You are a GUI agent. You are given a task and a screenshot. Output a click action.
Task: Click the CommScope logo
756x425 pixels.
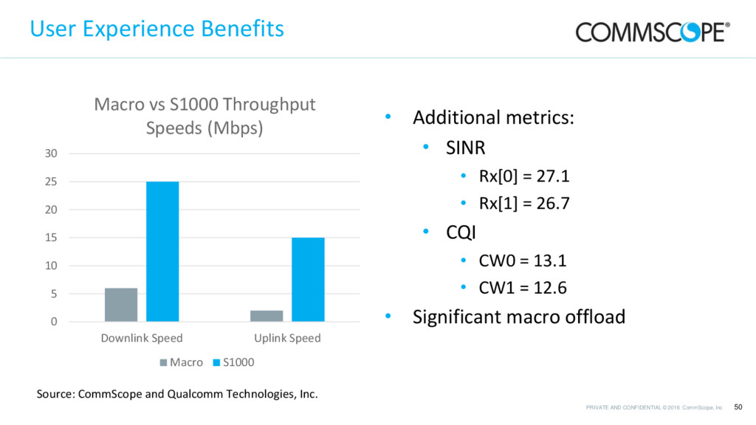tap(653, 32)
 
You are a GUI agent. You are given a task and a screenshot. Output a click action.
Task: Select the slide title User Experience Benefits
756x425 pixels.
tap(157, 29)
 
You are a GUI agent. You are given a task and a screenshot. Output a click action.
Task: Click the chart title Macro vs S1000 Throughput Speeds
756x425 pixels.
tap(205, 116)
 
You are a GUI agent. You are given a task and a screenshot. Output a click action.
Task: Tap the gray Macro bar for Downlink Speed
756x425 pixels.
tap(121, 305)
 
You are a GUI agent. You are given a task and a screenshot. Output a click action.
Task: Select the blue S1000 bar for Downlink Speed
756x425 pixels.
tap(162, 252)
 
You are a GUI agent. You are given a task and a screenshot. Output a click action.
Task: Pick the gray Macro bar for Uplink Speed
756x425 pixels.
tap(267, 316)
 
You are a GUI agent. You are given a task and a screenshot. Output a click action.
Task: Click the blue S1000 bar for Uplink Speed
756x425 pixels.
tap(308, 280)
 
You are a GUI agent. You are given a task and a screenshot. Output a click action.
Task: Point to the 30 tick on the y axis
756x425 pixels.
tap(51, 153)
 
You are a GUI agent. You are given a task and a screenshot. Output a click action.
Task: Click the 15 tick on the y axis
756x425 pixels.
tap(51, 238)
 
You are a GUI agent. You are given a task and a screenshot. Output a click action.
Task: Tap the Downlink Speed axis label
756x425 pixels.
tap(142, 338)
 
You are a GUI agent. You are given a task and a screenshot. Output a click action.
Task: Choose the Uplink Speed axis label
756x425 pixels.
tap(287, 338)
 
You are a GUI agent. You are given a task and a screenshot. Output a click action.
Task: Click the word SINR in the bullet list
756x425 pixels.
tap(465, 148)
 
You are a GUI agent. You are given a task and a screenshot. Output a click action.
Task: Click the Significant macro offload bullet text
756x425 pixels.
tap(518, 317)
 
